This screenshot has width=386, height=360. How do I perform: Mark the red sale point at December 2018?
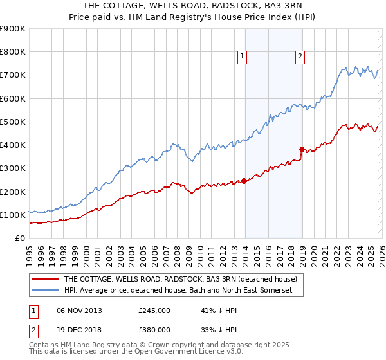[x=302, y=149]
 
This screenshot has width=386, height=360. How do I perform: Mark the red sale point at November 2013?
[x=244, y=181]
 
